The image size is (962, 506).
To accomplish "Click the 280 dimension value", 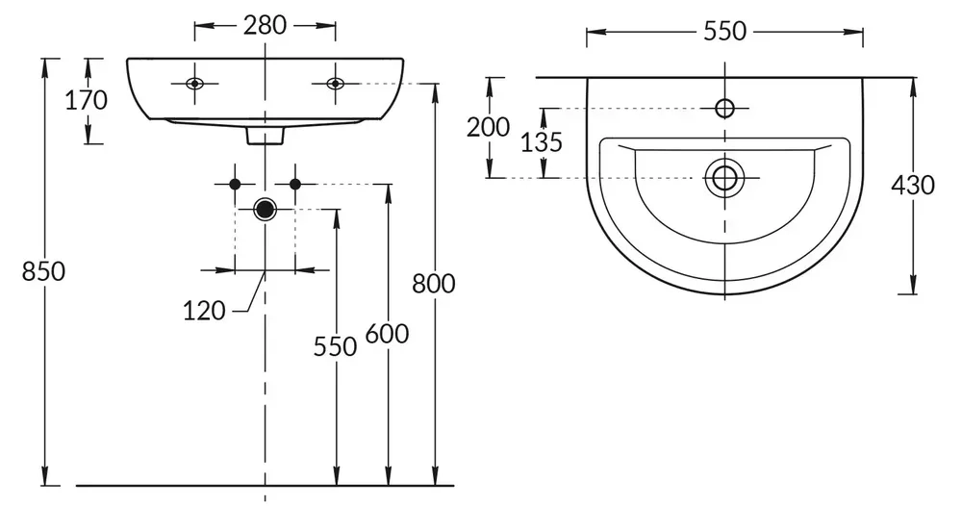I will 265,26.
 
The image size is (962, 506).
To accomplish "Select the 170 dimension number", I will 86,100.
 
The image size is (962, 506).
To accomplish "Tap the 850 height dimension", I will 44,272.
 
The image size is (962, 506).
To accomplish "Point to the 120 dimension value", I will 204,310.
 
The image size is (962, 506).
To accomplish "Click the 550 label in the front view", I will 335,346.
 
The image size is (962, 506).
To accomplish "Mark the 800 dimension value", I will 434,283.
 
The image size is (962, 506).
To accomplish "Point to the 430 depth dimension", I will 913,186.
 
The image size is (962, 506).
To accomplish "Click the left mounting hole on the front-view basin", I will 194,83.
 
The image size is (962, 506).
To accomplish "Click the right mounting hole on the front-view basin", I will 335,83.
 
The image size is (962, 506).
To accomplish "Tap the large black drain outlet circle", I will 265,209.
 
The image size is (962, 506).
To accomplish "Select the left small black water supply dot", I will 234,183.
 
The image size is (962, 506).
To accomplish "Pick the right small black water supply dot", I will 295,183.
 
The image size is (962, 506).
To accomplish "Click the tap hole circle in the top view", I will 725,107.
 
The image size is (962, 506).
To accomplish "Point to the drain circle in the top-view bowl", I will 725,177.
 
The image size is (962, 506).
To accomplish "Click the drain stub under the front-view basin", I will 265,137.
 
